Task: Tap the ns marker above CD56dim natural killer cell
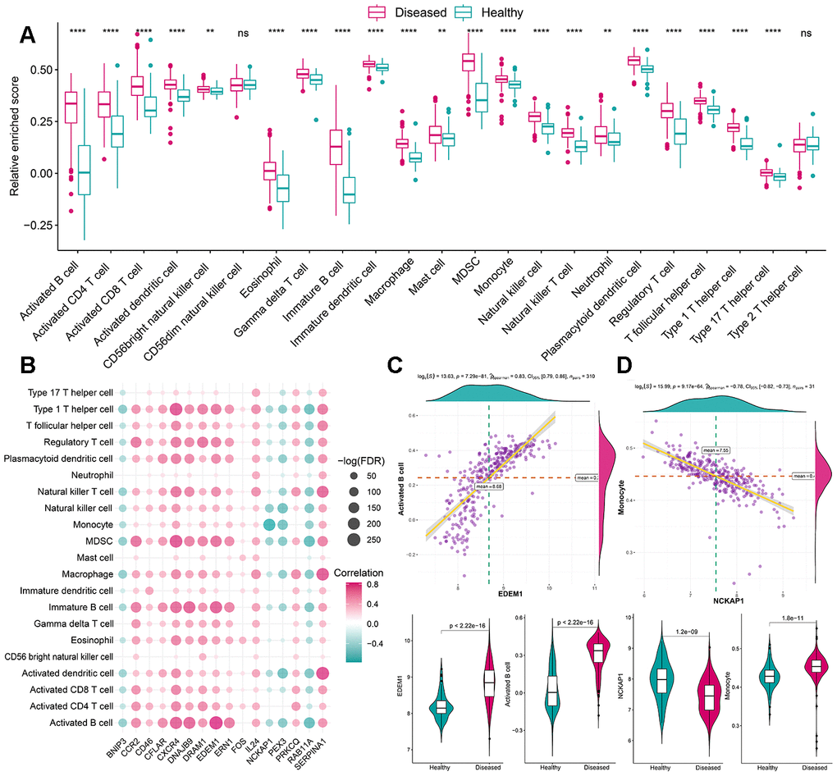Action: click(243, 33)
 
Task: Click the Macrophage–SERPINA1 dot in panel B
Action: click(322, 573)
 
